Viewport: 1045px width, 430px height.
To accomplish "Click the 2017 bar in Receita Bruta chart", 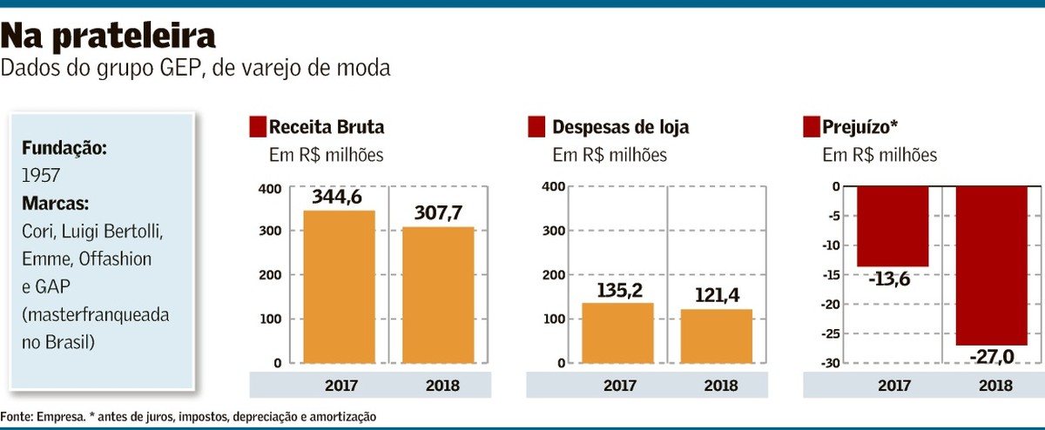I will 339,286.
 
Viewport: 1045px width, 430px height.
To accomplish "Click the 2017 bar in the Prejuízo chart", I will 893,226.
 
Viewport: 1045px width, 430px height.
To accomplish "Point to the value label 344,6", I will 339,198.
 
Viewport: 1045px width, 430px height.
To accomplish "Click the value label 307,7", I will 438,214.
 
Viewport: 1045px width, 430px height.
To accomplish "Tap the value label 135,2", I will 617,289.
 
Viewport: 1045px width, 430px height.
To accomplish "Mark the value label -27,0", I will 992,357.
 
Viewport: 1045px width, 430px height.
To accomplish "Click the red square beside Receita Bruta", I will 257,127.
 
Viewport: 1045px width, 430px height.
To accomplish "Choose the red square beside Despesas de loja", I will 536,127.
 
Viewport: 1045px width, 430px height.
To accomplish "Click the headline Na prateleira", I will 108,36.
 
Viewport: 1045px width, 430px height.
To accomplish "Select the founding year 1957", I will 41,176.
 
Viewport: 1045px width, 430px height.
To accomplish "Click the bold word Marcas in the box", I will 56,204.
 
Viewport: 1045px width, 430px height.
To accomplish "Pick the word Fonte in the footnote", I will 16,417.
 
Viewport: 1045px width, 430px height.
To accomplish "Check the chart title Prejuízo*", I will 860,127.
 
